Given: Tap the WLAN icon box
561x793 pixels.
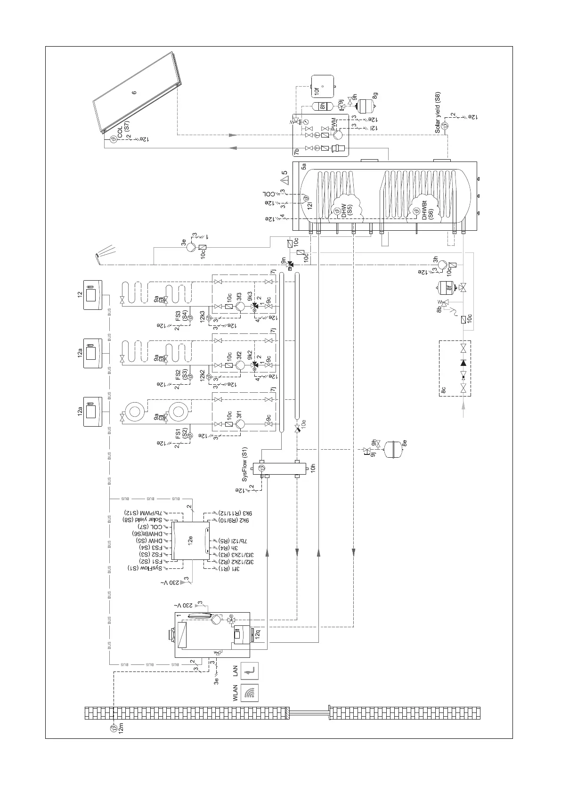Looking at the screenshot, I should click(x=250, y=693).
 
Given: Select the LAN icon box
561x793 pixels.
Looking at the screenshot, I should click(x=250, y=670).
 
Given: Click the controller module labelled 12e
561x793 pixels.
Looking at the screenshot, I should click(x=191, y=541).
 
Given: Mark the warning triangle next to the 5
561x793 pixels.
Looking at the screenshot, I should click(x=284, y=180).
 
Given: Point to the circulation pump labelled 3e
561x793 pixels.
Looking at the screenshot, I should click(x=191, y=247).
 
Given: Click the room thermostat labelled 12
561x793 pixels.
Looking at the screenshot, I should click(x=96, y=295).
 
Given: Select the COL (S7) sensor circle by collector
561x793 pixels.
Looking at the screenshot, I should click(x=113, y=139).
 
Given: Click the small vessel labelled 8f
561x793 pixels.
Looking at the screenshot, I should click(x=442, y=286).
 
